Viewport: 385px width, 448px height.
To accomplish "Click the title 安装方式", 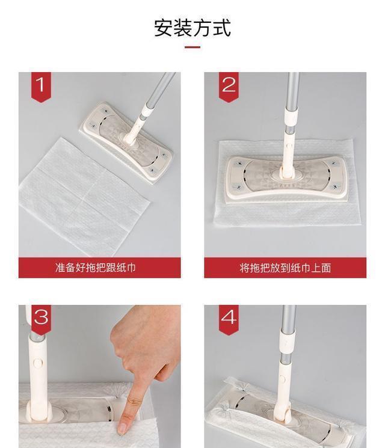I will (x=192, y=28).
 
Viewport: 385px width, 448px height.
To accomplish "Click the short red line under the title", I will (x=192, y=47).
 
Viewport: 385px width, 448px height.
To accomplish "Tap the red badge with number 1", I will (x=41, y=86).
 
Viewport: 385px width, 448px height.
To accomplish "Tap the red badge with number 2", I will (x=229, y=86).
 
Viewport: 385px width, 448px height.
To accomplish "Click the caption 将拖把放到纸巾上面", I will (x=285, y=268).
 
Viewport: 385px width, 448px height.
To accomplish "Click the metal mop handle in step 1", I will (x=160, y=91).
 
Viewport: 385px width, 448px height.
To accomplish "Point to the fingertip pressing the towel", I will (x=124, y=426).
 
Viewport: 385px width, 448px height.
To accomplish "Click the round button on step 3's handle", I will (x=38, y=363).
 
